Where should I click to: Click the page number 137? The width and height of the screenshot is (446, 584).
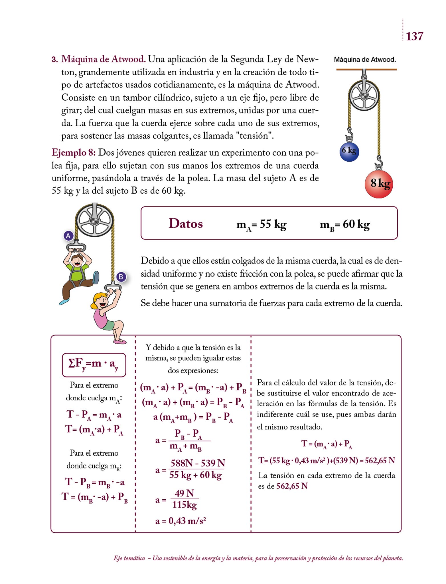414,36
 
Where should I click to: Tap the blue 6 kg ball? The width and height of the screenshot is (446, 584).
349,151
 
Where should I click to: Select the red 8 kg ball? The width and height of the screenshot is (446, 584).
379,184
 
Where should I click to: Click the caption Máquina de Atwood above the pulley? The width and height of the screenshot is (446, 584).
365,60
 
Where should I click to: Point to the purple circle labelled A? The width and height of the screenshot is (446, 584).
68,236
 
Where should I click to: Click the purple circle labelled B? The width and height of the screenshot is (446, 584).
121,277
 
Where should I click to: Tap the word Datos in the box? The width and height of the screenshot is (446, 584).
186,224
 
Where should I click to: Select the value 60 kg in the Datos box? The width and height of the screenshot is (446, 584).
356,224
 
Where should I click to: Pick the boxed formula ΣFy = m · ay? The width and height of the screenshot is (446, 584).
94,365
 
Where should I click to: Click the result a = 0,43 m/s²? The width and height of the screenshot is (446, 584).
181,521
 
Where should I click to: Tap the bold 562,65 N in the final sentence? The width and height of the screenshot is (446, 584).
292,486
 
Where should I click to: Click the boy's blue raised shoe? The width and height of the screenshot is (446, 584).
96,277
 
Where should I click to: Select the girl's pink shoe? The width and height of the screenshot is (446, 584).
120,341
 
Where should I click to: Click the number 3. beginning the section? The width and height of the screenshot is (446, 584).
55,60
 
